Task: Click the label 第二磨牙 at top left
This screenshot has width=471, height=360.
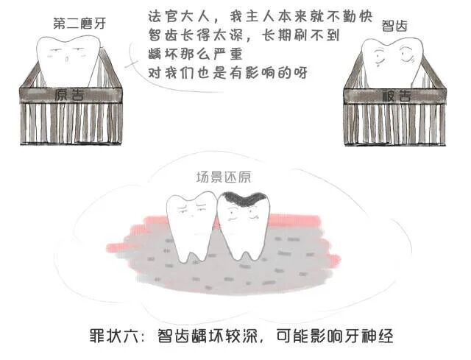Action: [79, 23]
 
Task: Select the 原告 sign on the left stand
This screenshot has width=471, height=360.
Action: [71, 94]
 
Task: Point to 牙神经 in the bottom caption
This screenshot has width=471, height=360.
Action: [375, 336]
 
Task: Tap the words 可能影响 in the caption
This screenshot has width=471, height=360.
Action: [311, 336]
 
